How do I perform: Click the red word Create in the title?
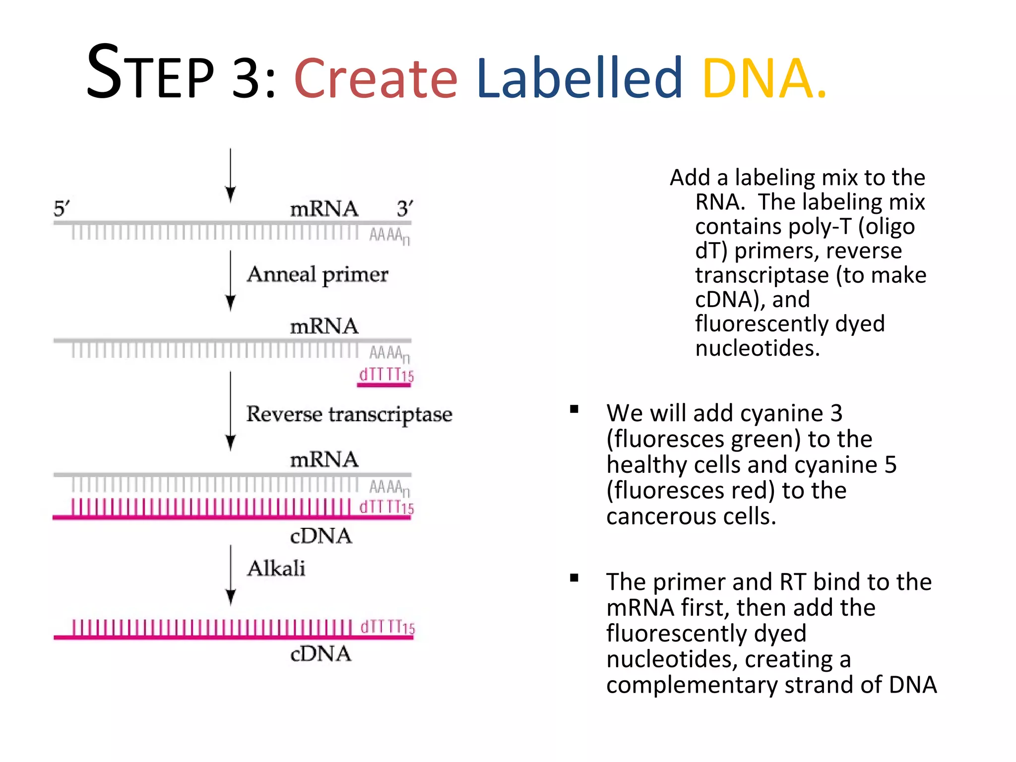click(x=376, y=78)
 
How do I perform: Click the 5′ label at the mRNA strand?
click(x=62, y=208)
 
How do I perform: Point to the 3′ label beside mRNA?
click(x=404, y=208)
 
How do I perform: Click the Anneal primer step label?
click(x=317, y=274)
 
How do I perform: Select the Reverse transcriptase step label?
click(x=349, y=414)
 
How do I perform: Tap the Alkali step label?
click(x=276, y=569)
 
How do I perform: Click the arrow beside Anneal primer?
click(x=230, y=280)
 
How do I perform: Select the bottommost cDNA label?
click(x=320, y=654)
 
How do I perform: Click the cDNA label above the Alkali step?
click(x=320, y=536)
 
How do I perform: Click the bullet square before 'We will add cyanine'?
click(x=574, y=409)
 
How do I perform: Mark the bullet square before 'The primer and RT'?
click(x=574, y=578)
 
